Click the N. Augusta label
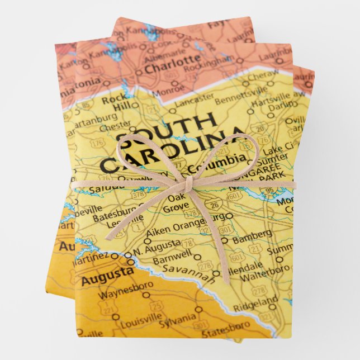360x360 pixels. point(162,244)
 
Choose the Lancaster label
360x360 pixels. point(194,98)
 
